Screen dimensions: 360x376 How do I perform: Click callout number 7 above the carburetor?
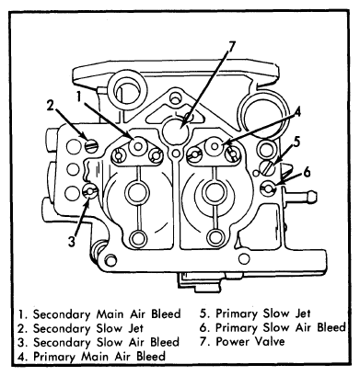point(231,49)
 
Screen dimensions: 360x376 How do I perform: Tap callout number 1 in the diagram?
point(79,97)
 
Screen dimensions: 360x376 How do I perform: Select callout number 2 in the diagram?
point(51,106)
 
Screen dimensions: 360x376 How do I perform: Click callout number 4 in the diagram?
point(296,111)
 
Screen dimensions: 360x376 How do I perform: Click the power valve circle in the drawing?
point(175,131)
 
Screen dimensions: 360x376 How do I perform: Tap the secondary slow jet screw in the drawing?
point(91,145)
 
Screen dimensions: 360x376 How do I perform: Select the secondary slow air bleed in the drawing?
point(90,191)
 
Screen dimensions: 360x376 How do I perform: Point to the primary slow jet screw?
point(266,168)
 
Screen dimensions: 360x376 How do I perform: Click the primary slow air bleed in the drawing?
point(268,188)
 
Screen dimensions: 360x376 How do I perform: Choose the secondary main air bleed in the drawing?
point(138,146)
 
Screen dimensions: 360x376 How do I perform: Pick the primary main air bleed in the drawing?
point(215,146)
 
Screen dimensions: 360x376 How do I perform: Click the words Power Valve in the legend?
point(250,341)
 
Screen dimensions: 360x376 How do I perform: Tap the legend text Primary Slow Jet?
point(263,313)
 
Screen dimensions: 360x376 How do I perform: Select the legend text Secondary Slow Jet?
point(88,328)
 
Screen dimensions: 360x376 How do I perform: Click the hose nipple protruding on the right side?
point(299,196)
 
